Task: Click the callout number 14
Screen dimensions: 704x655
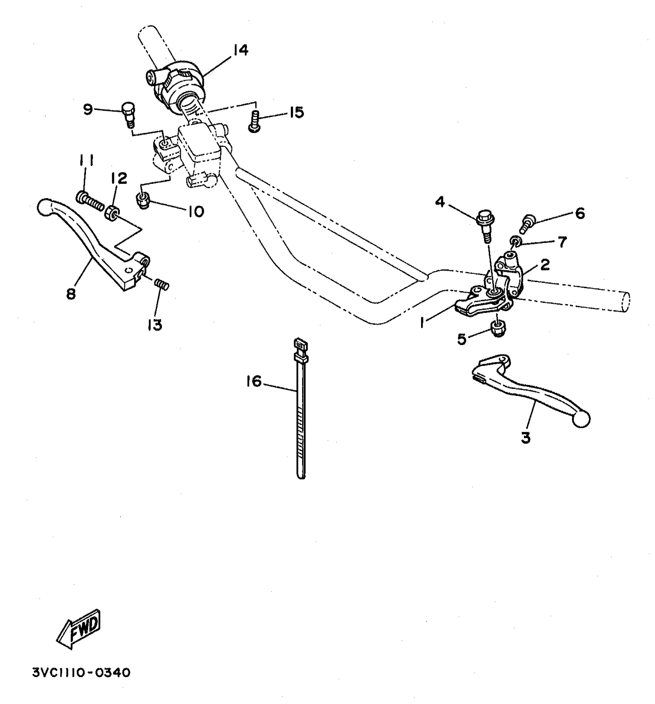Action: [x=240, y=50]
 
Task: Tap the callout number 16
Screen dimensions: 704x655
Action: [x=254, y=382]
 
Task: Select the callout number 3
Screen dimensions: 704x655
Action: [x=526, y=438]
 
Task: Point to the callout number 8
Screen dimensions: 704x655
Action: [x=71, y=294]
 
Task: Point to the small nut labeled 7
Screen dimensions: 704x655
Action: [x=516, y=242]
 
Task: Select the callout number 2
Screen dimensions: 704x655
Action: [x=545, y=265]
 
